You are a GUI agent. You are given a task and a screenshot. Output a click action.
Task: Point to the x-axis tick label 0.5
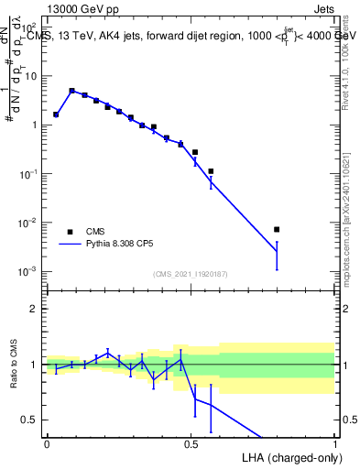point(191,442)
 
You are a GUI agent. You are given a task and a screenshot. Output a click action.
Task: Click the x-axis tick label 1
point(334,442)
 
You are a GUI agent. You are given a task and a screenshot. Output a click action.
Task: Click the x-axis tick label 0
point(47,442)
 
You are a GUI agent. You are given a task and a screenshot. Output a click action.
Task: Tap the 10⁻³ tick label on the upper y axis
point(30,271)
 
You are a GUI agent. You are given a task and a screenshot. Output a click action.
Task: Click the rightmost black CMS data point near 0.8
point(277,229)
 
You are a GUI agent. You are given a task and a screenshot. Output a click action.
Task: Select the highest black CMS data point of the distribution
point(71,91)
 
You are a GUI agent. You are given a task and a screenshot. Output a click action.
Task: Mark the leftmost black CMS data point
point(56,115)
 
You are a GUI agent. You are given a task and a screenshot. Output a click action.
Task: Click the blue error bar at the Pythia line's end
point(277,256)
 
